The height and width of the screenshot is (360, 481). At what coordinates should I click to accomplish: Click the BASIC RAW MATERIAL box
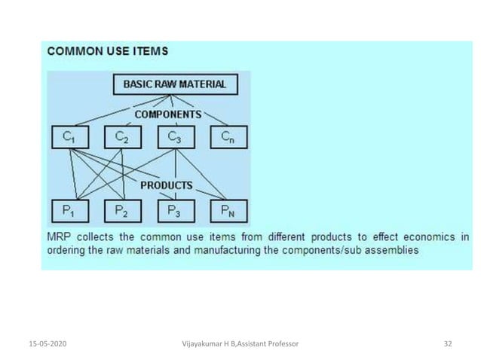[174, 84]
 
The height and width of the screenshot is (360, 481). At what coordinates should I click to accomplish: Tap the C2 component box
[123, 137]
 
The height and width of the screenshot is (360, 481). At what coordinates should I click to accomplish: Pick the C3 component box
[175, 137]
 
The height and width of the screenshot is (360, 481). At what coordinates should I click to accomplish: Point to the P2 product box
[123, 211]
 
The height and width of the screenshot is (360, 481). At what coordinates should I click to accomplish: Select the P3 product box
[175, 211]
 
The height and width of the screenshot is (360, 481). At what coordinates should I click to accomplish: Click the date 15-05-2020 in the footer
[38, 343]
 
